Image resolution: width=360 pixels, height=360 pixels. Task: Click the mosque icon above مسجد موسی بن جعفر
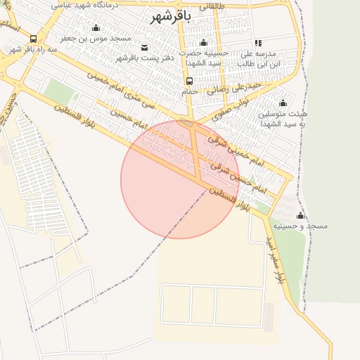coord(96,27)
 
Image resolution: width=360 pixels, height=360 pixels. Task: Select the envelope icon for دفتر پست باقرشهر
coord(145,47)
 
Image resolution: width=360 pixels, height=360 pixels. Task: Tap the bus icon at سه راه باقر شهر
coord(34,39)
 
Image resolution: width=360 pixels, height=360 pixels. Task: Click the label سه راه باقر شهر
coord(31,50)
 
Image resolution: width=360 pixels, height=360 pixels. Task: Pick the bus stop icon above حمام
coord(189,81)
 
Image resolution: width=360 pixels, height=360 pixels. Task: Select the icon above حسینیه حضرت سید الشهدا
coord(204,43)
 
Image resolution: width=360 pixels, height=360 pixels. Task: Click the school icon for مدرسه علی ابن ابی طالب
coord(258,43)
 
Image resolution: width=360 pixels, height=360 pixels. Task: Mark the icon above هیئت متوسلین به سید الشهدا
coord(283,103)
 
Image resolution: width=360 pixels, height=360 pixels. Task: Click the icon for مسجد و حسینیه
coord(301,215)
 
